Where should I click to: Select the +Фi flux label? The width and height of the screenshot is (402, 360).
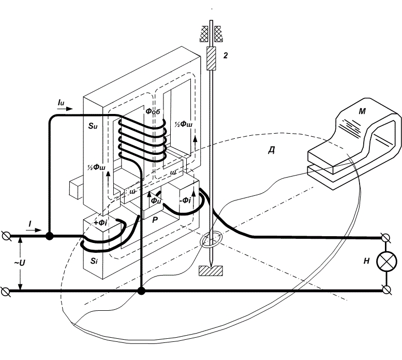101,222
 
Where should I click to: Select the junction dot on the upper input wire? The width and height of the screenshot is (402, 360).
50,236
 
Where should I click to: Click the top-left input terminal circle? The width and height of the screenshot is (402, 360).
6,236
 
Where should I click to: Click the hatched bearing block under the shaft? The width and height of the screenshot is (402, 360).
212,270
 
